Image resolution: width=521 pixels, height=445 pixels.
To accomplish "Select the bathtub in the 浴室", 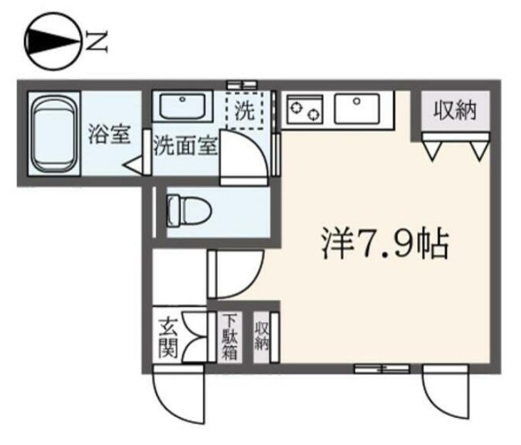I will (53, 133).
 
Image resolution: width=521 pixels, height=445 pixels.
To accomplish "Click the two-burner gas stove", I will (305, 110).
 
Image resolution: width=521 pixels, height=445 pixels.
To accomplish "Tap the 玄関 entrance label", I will (169, 340).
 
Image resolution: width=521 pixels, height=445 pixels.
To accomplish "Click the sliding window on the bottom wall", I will (383, 369).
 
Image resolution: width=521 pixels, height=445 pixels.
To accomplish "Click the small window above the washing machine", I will (241, 84).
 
